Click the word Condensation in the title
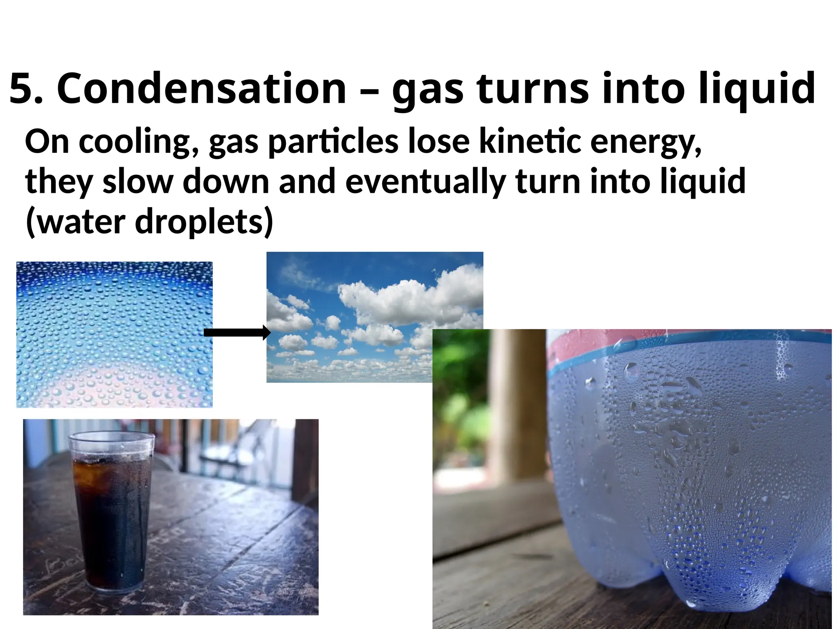[201, 88]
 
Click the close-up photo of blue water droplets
[114, 334]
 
